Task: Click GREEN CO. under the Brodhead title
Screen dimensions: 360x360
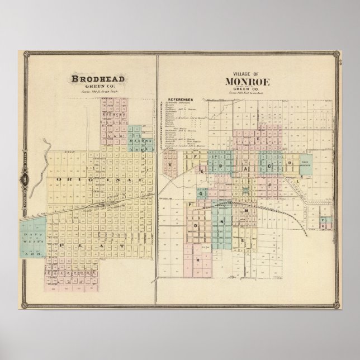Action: pos(96,86)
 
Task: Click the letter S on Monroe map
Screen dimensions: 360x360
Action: pos(241,240)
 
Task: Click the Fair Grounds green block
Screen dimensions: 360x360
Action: pos(305,165)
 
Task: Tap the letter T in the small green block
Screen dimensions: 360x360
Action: pos(323,221)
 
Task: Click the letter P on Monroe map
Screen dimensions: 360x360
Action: pos(191,205)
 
